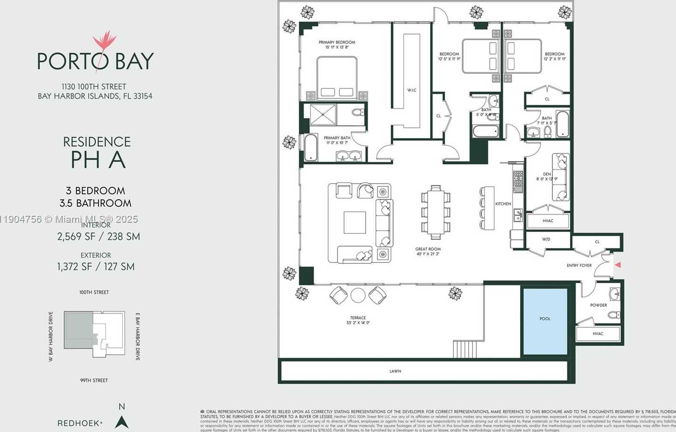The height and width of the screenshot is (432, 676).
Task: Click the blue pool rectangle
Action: coord(545,321)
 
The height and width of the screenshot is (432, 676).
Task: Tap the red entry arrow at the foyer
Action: coord(618,265)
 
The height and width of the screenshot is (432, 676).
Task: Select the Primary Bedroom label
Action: coord(337,42)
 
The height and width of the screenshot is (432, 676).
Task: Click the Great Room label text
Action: coord(428,249)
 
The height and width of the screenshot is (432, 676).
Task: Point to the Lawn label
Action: coord(395,371)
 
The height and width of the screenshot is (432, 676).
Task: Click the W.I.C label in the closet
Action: coord(411,90)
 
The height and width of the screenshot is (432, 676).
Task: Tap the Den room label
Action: coord(547,174)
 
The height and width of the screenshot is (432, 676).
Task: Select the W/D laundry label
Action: coord(546,239)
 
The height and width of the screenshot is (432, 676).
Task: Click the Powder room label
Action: coord(598,305)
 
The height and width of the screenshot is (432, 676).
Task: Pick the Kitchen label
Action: coord(503,204)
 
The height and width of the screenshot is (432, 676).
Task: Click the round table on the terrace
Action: coord(358,295)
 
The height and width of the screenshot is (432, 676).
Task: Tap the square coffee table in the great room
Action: coord(355,222)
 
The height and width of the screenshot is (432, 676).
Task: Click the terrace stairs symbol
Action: coord(465,349)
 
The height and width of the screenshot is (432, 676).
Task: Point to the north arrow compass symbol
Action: coord(122,422)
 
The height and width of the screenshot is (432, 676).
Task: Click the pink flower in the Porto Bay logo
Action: coord(105,41)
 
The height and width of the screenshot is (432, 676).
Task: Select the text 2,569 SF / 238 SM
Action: coord(99,236)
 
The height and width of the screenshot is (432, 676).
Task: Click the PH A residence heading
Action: coord(98,160)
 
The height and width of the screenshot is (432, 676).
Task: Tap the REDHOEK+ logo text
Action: coord(80,423)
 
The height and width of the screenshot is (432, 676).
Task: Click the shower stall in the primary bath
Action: coord(323,114)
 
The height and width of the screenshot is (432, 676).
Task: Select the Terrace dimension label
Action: coord(358,323)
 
